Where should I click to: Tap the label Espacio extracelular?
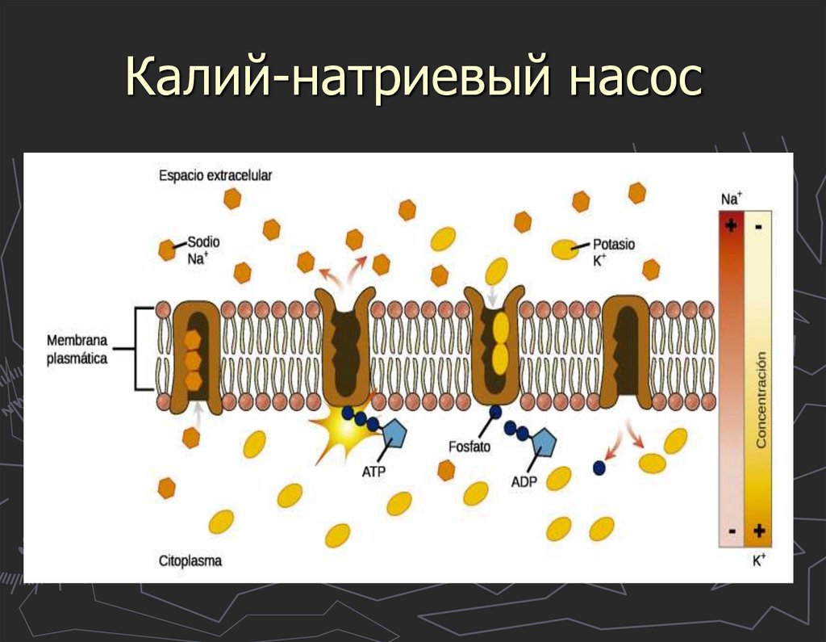(215, 175)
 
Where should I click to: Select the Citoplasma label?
(190, 560)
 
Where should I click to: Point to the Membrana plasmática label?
(77, 350)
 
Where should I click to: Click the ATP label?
(373, 472)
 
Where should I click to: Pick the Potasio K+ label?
(614, 251)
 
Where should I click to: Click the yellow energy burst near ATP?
(345, 429)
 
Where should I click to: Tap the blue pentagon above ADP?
(545, 443)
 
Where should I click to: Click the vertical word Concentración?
(760, 399)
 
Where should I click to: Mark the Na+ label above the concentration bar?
(732, 199)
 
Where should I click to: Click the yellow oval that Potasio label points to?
(564, 250)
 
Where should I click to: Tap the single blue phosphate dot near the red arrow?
(599, 467)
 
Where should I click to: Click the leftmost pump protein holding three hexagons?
(192, 351)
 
